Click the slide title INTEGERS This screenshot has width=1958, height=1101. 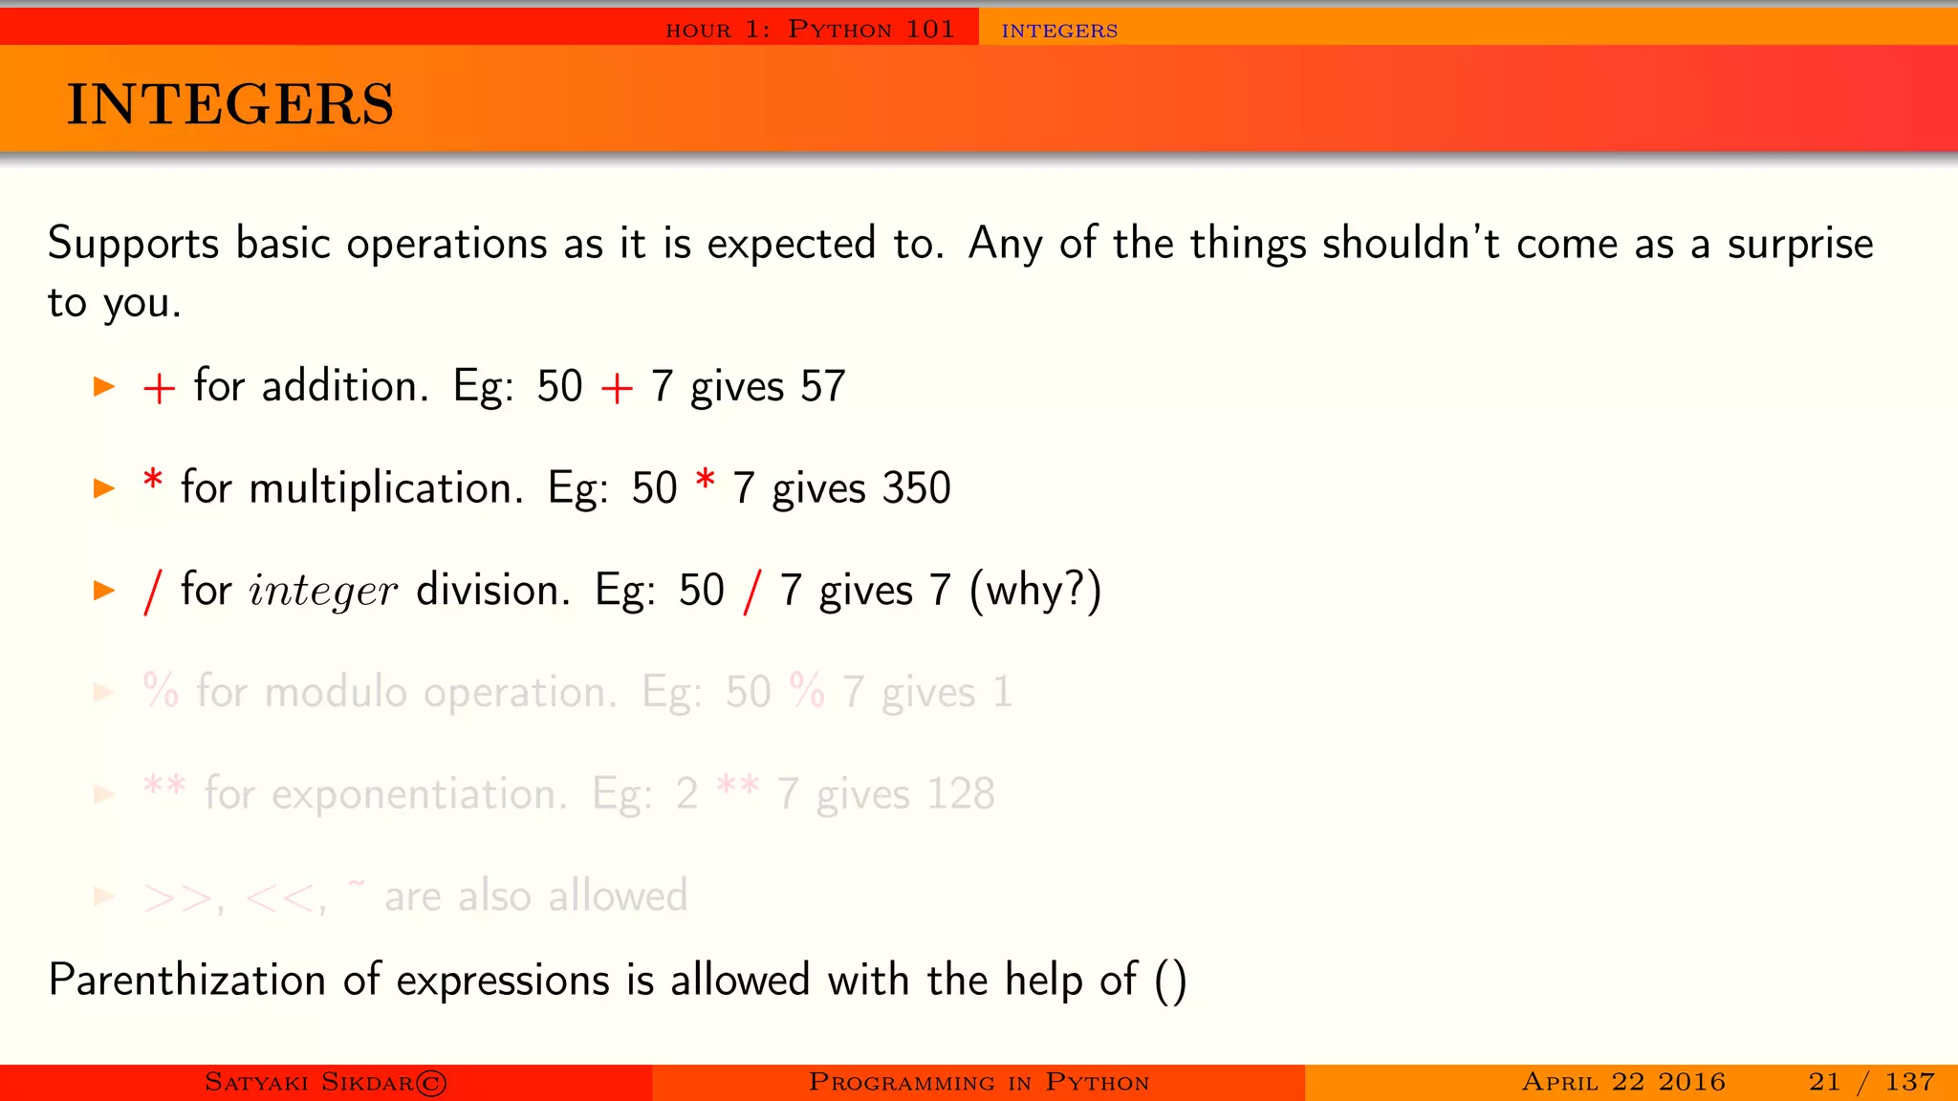click(229, 104)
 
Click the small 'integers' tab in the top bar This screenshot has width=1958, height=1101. click(1059, 31)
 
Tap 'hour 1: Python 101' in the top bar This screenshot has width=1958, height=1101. click(810, 30)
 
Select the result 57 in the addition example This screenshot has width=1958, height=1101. click(823, 387)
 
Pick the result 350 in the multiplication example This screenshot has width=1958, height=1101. click(916, 488)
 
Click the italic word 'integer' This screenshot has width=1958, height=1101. click(322, 591)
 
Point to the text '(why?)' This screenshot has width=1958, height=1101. click(1035, 591)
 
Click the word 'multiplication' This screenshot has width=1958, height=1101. click(385, 488)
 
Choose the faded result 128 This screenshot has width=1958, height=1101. click(960, 794)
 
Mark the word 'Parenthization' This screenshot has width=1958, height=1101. click(187, 981)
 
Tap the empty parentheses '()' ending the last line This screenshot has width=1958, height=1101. click(1170, 982)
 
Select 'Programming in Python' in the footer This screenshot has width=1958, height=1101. click(978, 1082)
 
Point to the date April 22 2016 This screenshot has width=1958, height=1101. click(1623, 1082)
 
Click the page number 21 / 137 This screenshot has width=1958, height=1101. click(1871, 1082)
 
